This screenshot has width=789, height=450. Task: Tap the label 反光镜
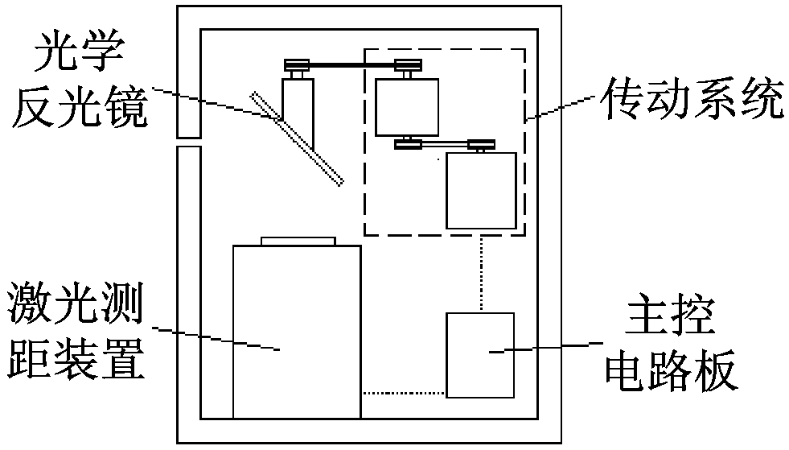[x=79, y=107]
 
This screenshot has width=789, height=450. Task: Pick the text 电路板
[x=671, y=372]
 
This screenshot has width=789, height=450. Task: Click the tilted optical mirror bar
[x=298, y=138]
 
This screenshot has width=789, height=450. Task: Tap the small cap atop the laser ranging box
[x=298, y=241]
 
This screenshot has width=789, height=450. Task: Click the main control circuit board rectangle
[x=480, y=354]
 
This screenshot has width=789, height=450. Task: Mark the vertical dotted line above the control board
[x=480, y=273]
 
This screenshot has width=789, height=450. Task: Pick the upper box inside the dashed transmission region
[x=407, y=107]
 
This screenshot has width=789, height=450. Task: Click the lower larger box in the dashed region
[x=481, y=190]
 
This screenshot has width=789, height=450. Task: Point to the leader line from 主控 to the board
[x=547, y=348]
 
